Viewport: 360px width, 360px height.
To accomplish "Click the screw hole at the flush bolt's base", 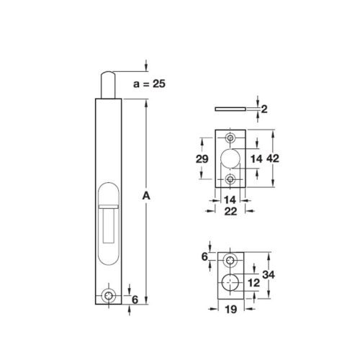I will click(109, 295).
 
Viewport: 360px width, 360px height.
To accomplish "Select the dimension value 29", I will click(202, 158).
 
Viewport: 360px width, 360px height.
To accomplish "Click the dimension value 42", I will click(271, 158).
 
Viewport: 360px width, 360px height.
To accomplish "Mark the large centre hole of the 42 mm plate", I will click(232, 158).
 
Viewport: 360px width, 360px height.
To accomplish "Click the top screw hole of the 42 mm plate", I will click(232, 138).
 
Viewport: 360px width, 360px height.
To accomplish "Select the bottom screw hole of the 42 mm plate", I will click(232, 179).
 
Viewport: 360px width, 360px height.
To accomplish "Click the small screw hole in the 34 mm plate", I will click(232, 260).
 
